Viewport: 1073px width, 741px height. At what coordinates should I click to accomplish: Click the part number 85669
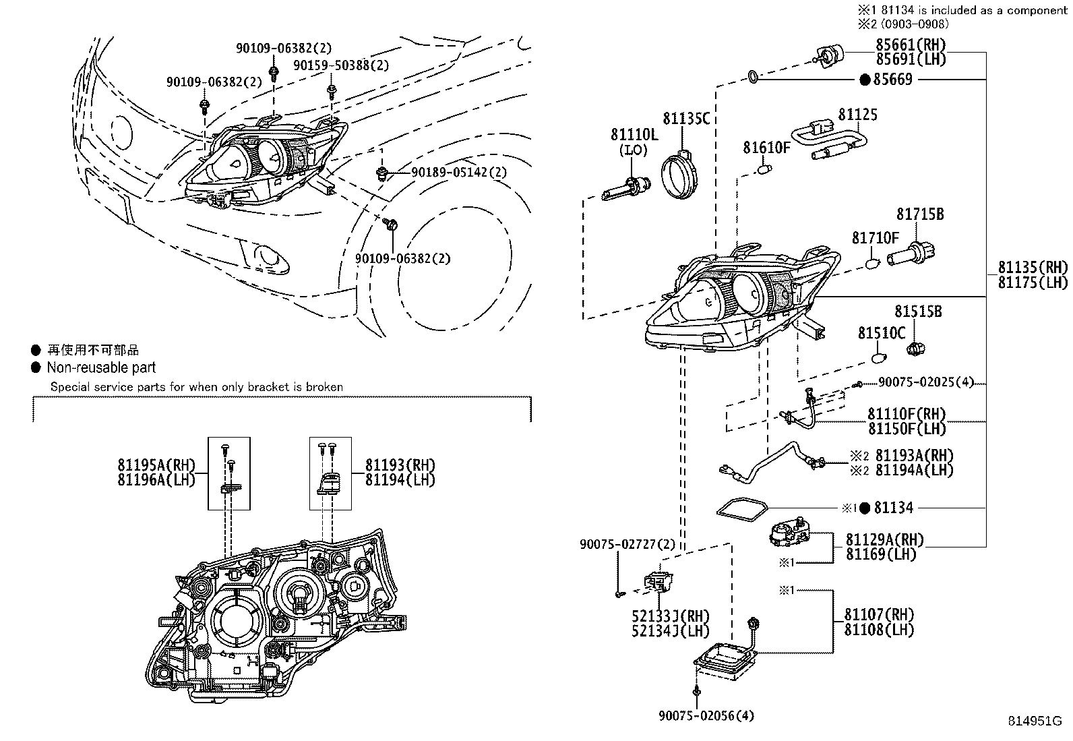(893, 79)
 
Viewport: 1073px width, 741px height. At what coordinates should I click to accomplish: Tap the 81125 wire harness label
(858, 115)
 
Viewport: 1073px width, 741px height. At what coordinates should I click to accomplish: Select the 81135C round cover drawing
(679, 174)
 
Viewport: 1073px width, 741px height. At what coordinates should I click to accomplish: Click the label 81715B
(920, 214)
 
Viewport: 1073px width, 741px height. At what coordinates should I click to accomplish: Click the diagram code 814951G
(1035, 721)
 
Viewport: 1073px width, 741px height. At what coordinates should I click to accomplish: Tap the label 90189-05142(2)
(459, 172)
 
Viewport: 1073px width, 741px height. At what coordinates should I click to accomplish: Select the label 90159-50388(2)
(341, 65)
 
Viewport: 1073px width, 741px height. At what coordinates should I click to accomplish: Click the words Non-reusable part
(101, 367)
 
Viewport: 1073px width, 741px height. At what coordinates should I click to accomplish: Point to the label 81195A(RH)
(156, 465)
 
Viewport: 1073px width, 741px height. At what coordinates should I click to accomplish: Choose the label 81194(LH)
(400, 480)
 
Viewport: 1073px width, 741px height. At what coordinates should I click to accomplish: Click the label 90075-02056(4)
(706, 715)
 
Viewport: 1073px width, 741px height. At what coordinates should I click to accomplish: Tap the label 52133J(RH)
(670, 616)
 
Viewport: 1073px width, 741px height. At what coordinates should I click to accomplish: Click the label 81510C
(882, 332)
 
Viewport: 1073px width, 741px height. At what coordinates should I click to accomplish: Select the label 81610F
(766, 148)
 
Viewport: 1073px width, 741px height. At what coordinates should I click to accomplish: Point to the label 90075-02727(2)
(627, 545)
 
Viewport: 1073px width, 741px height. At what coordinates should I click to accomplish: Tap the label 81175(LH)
(1033, 283)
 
